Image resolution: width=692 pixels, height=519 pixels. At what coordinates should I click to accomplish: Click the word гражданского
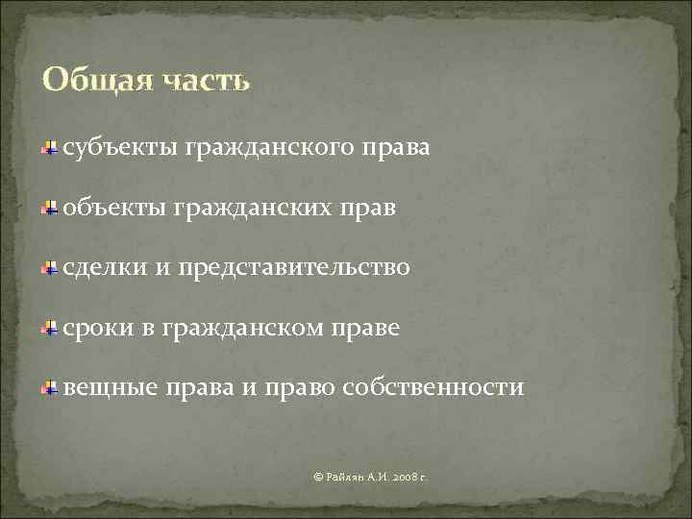click(x=267, y=150)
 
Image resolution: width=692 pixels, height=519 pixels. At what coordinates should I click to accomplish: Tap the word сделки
click(x=104, y=268)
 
